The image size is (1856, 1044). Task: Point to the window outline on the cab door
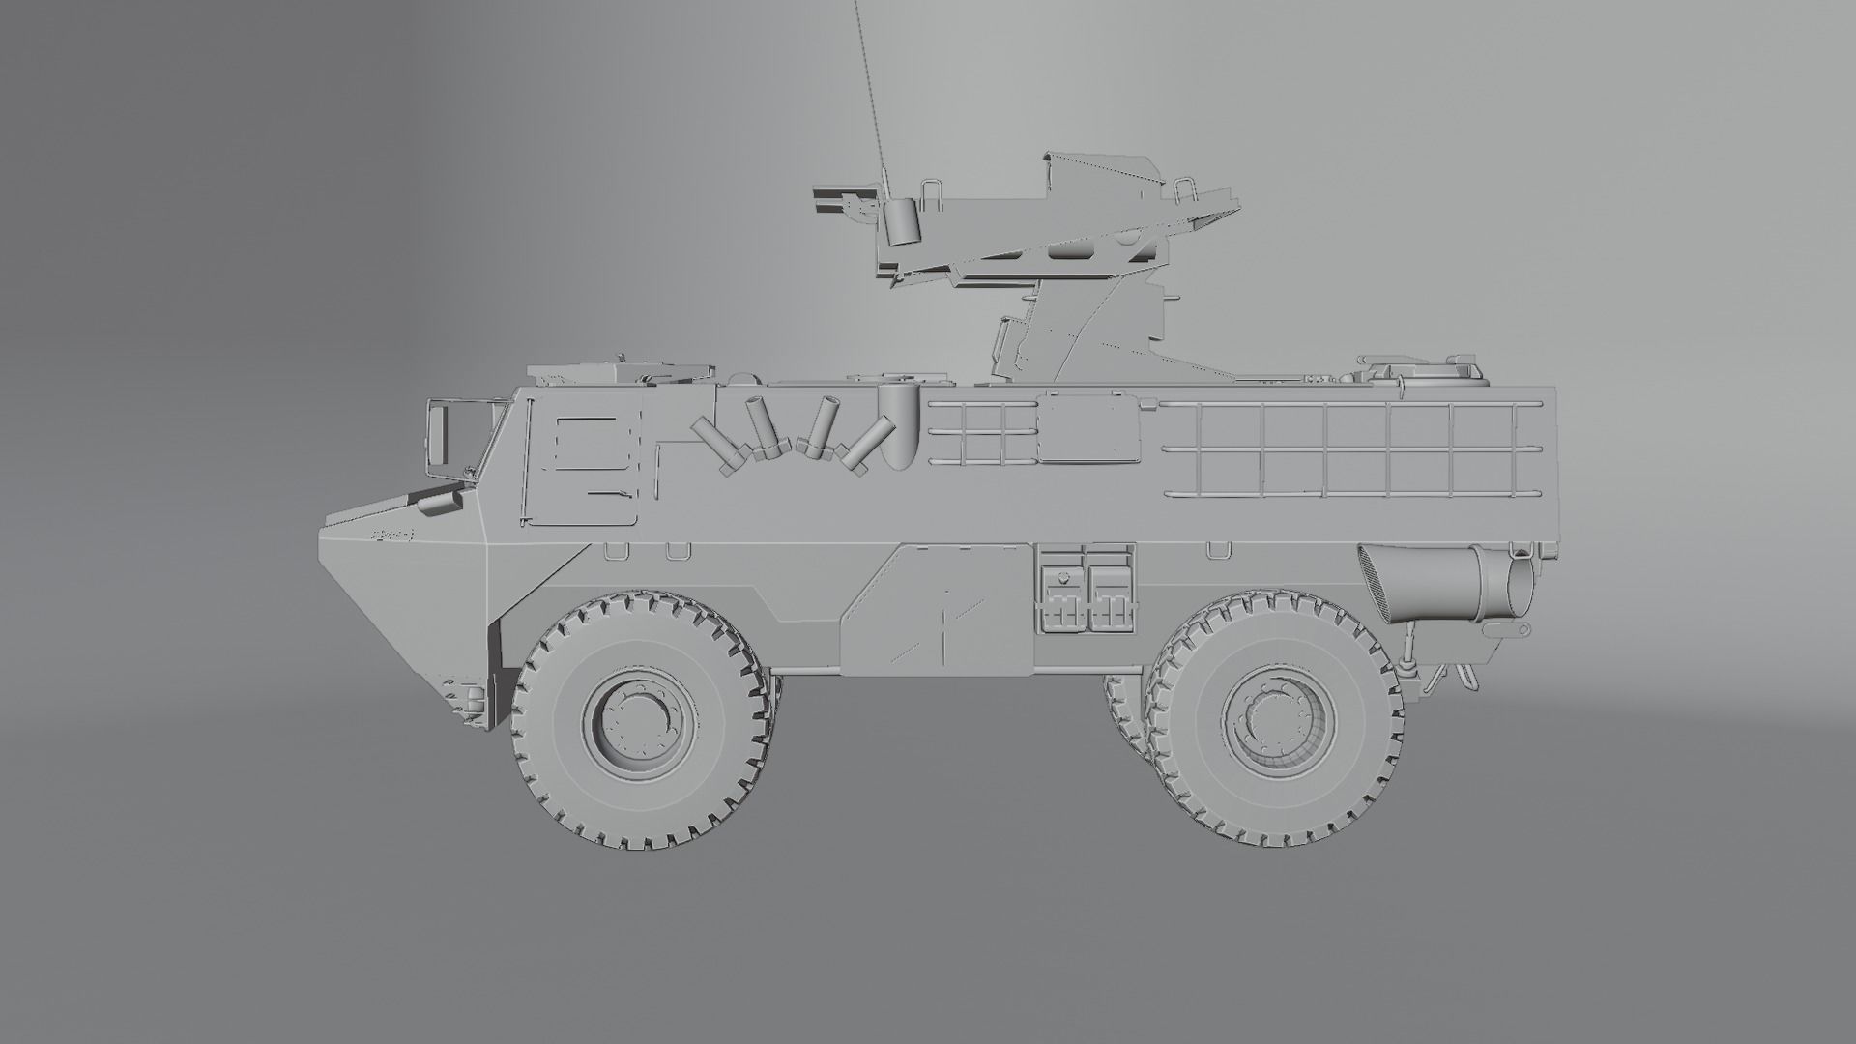point(586,444)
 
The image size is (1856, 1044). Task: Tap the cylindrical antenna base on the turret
point(901,222)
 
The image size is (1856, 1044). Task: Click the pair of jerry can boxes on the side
point(1084,592)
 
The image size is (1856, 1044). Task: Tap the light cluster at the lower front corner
point(468,698)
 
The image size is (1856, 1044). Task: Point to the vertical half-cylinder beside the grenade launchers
point(896,425)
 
